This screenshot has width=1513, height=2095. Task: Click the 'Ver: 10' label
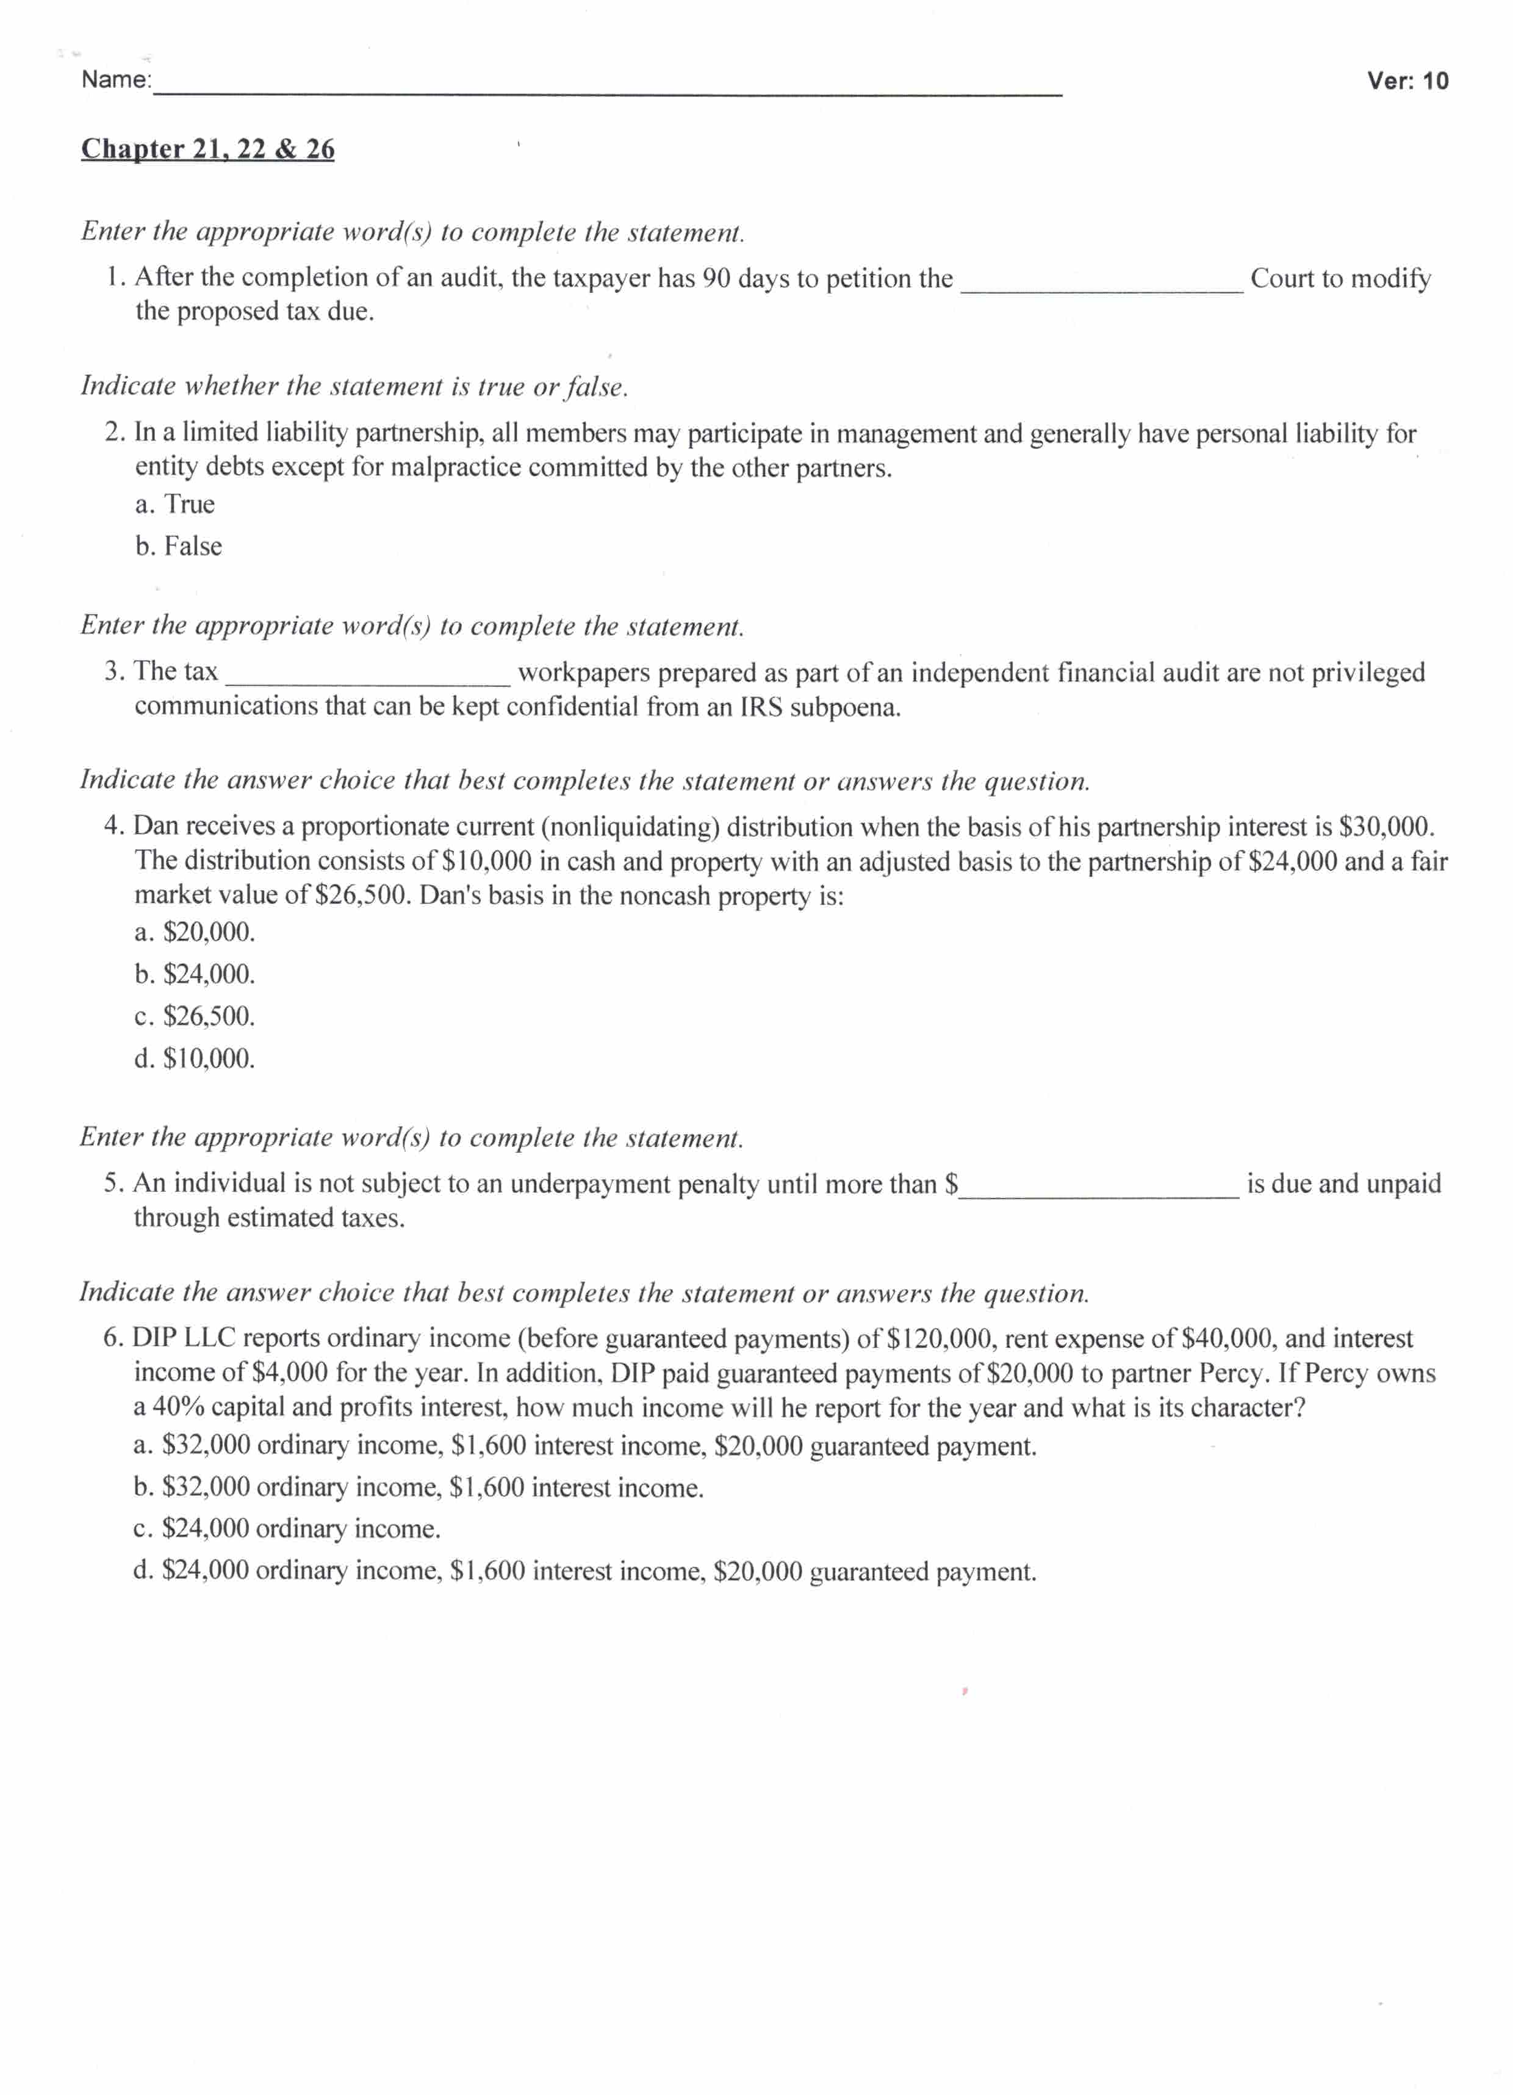tap(1407, 81)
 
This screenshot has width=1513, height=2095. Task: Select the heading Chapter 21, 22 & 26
tap(208, 149)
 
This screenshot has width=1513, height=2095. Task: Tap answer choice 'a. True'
tap(174, 505)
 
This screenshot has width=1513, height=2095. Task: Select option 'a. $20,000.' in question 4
tap(194, 933)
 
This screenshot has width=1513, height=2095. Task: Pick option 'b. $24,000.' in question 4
tap(194, 974)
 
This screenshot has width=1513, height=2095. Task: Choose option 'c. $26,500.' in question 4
tap(194, 1017)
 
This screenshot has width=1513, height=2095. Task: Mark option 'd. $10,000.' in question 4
tap(194, 1058)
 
